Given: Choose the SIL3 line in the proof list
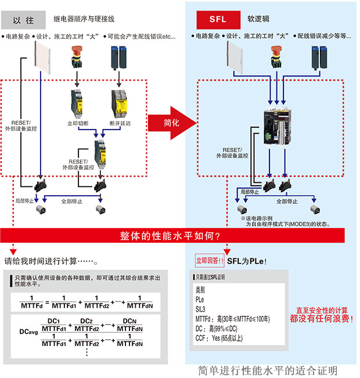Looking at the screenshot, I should point(201,309).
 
